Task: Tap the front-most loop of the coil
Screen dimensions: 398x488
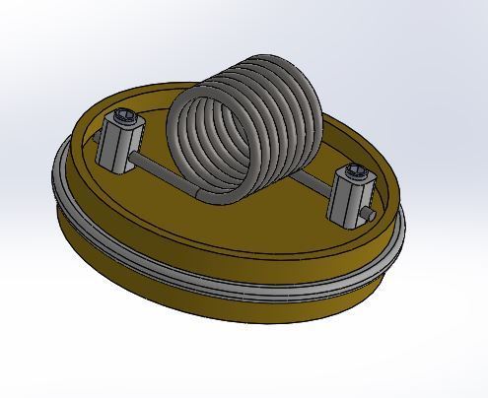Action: [187, 148]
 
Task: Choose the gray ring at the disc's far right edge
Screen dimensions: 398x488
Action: [399, 236]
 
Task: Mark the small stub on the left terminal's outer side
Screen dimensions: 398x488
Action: [101, 149]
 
